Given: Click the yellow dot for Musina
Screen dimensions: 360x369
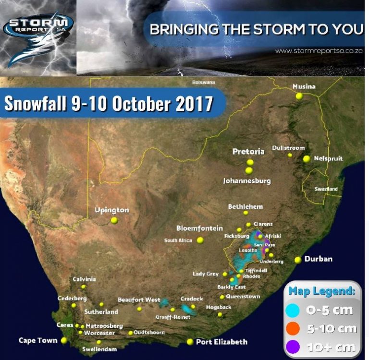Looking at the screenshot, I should point(299,96).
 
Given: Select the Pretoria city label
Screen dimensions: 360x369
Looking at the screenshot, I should point(248,152).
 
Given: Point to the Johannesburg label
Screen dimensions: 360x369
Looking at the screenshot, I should point(247,181).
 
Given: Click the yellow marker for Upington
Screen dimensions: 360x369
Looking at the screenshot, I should point(114,220).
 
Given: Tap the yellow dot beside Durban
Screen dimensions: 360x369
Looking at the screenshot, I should point(298,260).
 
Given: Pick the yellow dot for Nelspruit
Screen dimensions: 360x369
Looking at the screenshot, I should point(306,159).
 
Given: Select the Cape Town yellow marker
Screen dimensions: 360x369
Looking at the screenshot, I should point(63,340).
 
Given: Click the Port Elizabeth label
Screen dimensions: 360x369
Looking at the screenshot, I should point(221,342).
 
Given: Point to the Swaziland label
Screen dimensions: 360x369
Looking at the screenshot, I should point(326,189).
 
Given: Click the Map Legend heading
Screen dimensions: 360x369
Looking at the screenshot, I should point(322,291).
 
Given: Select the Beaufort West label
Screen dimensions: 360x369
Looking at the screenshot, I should point(139,300).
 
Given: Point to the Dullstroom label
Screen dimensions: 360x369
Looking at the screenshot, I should point(288,148).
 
